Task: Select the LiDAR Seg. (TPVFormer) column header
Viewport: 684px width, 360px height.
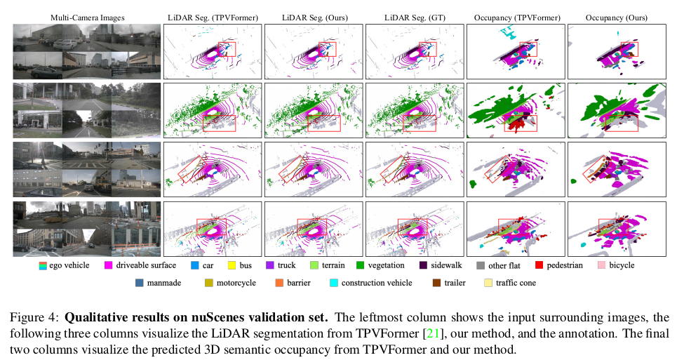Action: click(212, 15)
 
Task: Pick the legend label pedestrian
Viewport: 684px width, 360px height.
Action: click(565, 266)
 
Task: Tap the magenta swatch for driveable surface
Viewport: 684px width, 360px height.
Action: click(109, 266)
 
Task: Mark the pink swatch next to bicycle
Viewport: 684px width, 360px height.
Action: click(601, 266)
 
